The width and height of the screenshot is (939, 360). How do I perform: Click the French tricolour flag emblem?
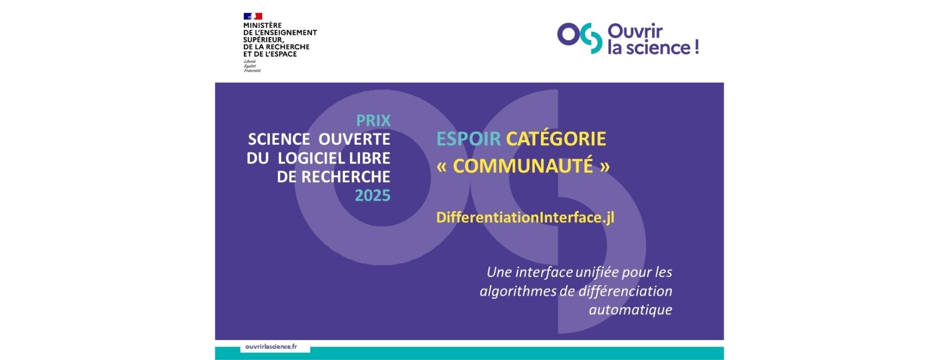pos(253,16)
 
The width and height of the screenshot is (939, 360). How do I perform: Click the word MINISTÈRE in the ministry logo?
pos(262,25)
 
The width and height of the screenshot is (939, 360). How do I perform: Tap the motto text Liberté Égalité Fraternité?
pos(252,66)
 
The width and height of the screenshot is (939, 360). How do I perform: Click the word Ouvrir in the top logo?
pos(635,31)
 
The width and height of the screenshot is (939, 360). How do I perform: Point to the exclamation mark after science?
pos(696,47)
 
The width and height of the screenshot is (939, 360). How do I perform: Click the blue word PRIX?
pos(373,120)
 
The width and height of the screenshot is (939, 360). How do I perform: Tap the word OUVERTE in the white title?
pos(354,139)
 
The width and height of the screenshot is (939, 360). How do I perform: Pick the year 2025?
pos(373,196)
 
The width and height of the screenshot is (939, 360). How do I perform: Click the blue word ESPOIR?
pos(469,139)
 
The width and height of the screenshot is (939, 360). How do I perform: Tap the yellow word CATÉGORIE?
pos(556,138)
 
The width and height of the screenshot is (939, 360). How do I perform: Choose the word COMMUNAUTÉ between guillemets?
pos(523,166)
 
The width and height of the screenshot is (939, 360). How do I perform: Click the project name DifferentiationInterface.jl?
pos(525,218)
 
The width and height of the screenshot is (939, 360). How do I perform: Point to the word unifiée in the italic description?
pos(598,272)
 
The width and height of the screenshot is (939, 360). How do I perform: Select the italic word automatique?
pos(630,310)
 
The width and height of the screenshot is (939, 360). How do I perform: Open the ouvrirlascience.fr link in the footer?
pos(271,346)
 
